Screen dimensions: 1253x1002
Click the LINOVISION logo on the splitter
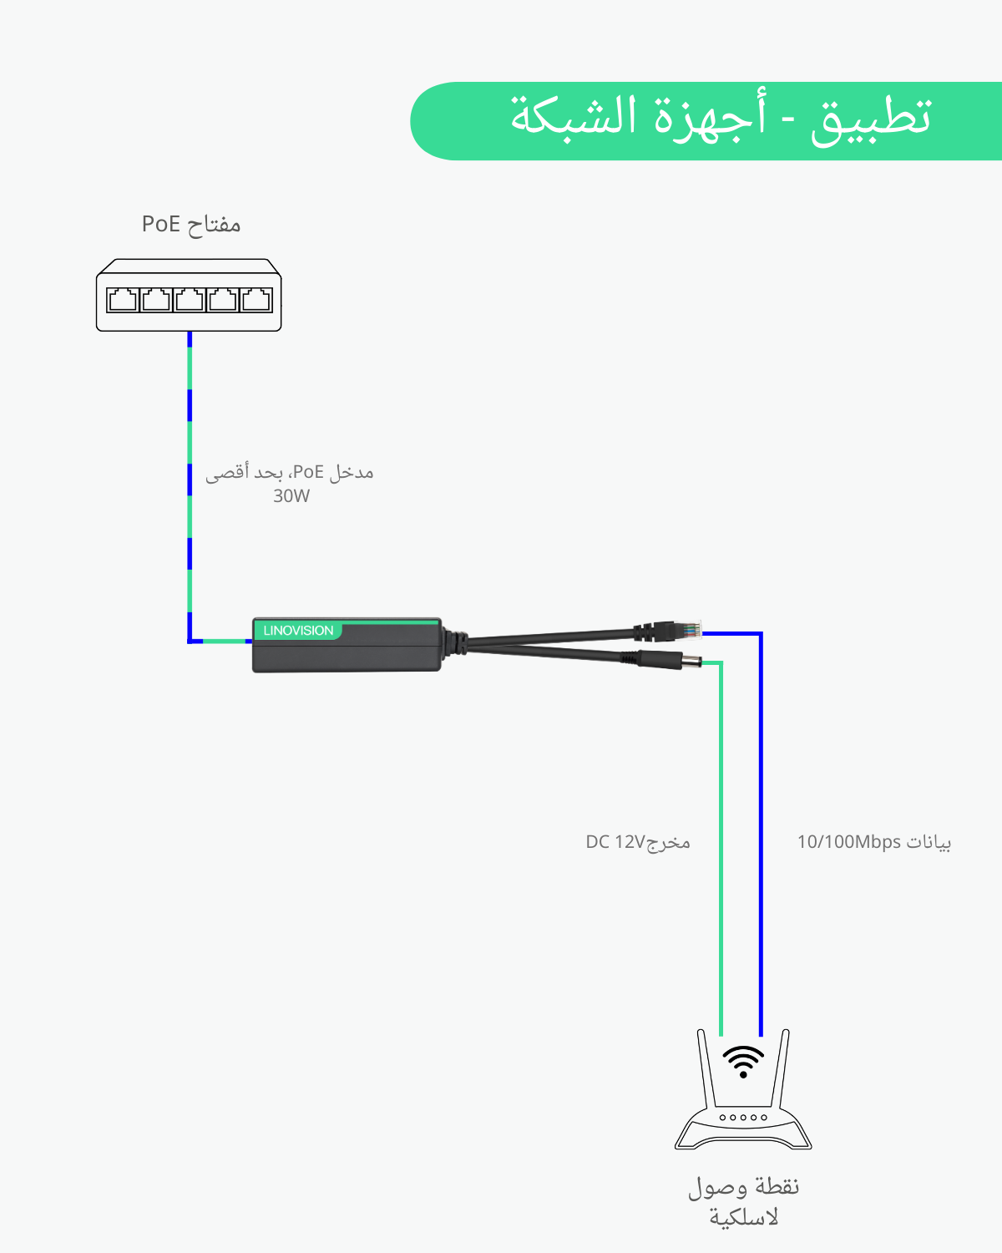pos(298,631)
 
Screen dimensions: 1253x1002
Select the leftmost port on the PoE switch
pos(123,299)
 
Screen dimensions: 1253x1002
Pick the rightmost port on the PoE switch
pos(256,299)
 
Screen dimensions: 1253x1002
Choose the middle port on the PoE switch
pos(190,299)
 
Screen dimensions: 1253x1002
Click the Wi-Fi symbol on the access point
pos(742,1061)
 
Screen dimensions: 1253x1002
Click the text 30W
pos(291,496)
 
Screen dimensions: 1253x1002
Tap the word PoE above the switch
pos(161,224)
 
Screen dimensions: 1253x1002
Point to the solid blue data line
pos(761,835)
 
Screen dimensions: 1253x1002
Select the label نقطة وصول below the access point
pos(743,1187)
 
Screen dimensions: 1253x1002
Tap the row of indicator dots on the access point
pos(743,1117)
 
